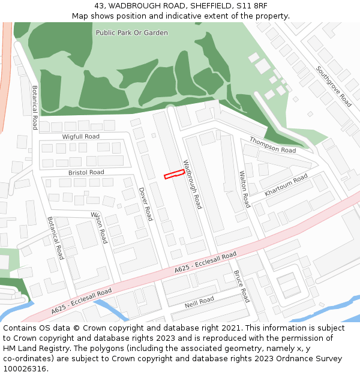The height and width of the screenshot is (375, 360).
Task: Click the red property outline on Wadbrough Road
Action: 174,174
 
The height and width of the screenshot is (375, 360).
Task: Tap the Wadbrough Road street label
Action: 193,184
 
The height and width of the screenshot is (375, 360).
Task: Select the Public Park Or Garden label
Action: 132,32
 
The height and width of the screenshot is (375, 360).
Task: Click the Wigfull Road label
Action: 81,137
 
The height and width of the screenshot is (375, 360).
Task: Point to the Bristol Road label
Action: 86,172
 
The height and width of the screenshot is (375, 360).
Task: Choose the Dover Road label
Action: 146,204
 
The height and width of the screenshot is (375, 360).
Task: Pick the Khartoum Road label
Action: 286,185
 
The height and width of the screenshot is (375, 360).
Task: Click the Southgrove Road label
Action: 334,86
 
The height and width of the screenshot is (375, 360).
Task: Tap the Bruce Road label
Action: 241,286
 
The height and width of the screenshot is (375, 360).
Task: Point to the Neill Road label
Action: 199,301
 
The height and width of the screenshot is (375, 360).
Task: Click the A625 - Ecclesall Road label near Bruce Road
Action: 206,263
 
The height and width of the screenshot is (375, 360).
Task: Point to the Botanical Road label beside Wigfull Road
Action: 35,107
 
